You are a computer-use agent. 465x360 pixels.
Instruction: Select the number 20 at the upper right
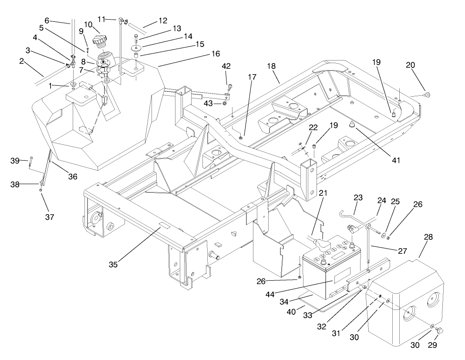tap(411, 65)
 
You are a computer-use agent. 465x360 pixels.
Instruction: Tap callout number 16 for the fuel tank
tap(215, 54)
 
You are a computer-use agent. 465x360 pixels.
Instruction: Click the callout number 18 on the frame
tap(271, 67)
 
